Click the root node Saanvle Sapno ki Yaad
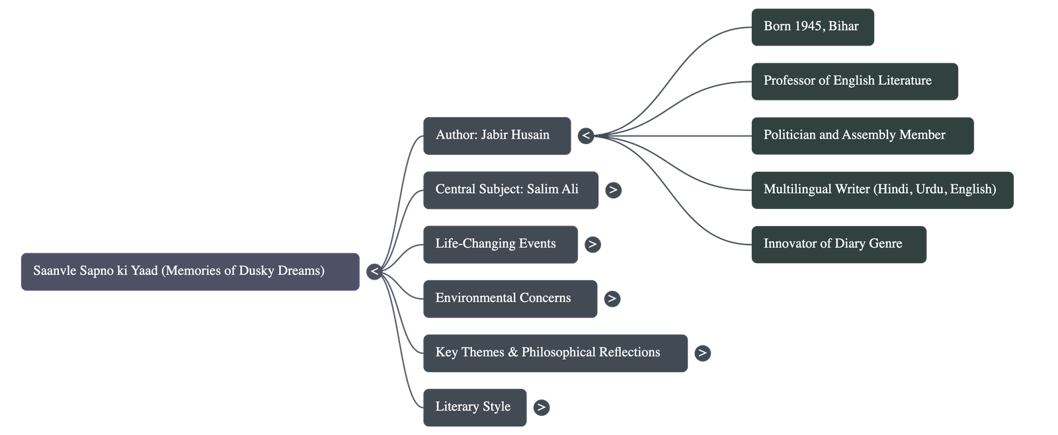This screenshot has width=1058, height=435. click(190, 271)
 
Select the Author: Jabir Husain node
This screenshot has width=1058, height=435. click(497, 136)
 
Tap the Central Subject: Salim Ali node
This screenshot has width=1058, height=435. click(510, 190)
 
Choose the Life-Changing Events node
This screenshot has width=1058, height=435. click(500, 244)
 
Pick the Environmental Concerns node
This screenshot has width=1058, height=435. click(510, 298)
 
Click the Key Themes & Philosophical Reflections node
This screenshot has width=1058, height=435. click(555, 352)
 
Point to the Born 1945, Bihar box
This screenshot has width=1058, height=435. click(812, 27)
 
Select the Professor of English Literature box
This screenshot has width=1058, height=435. click(854, 81)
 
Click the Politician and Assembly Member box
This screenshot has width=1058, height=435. click(862, 136)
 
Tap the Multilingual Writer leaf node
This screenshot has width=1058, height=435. click(881, 190)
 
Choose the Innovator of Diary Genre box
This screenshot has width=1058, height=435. click(838, 244)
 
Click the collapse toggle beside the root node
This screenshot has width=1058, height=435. click(374, 271)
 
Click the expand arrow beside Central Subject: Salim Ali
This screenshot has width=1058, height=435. click(613, 190)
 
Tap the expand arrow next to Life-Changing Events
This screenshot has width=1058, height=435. click(592, 244)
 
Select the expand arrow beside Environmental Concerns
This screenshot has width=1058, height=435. click(612, 298)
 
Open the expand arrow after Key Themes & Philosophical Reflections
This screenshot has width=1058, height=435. click(702, 352)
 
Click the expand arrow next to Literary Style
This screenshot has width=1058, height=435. click(541, 407)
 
